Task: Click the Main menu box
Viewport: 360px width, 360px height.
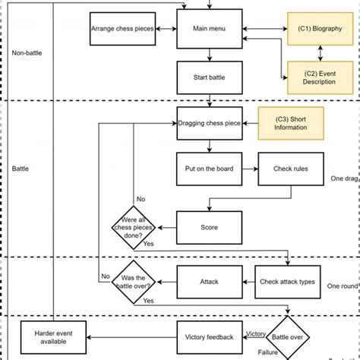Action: [210, 29]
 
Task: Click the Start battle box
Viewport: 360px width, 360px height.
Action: [210, 77]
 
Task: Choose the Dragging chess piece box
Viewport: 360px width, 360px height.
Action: [210, 122]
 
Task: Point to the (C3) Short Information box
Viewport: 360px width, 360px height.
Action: [291, 122]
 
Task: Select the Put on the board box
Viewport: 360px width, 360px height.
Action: [210, 169]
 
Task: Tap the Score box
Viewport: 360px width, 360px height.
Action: [210, 226]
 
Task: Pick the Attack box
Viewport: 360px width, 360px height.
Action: [210, 282]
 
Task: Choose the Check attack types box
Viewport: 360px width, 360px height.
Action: [286, 282]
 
